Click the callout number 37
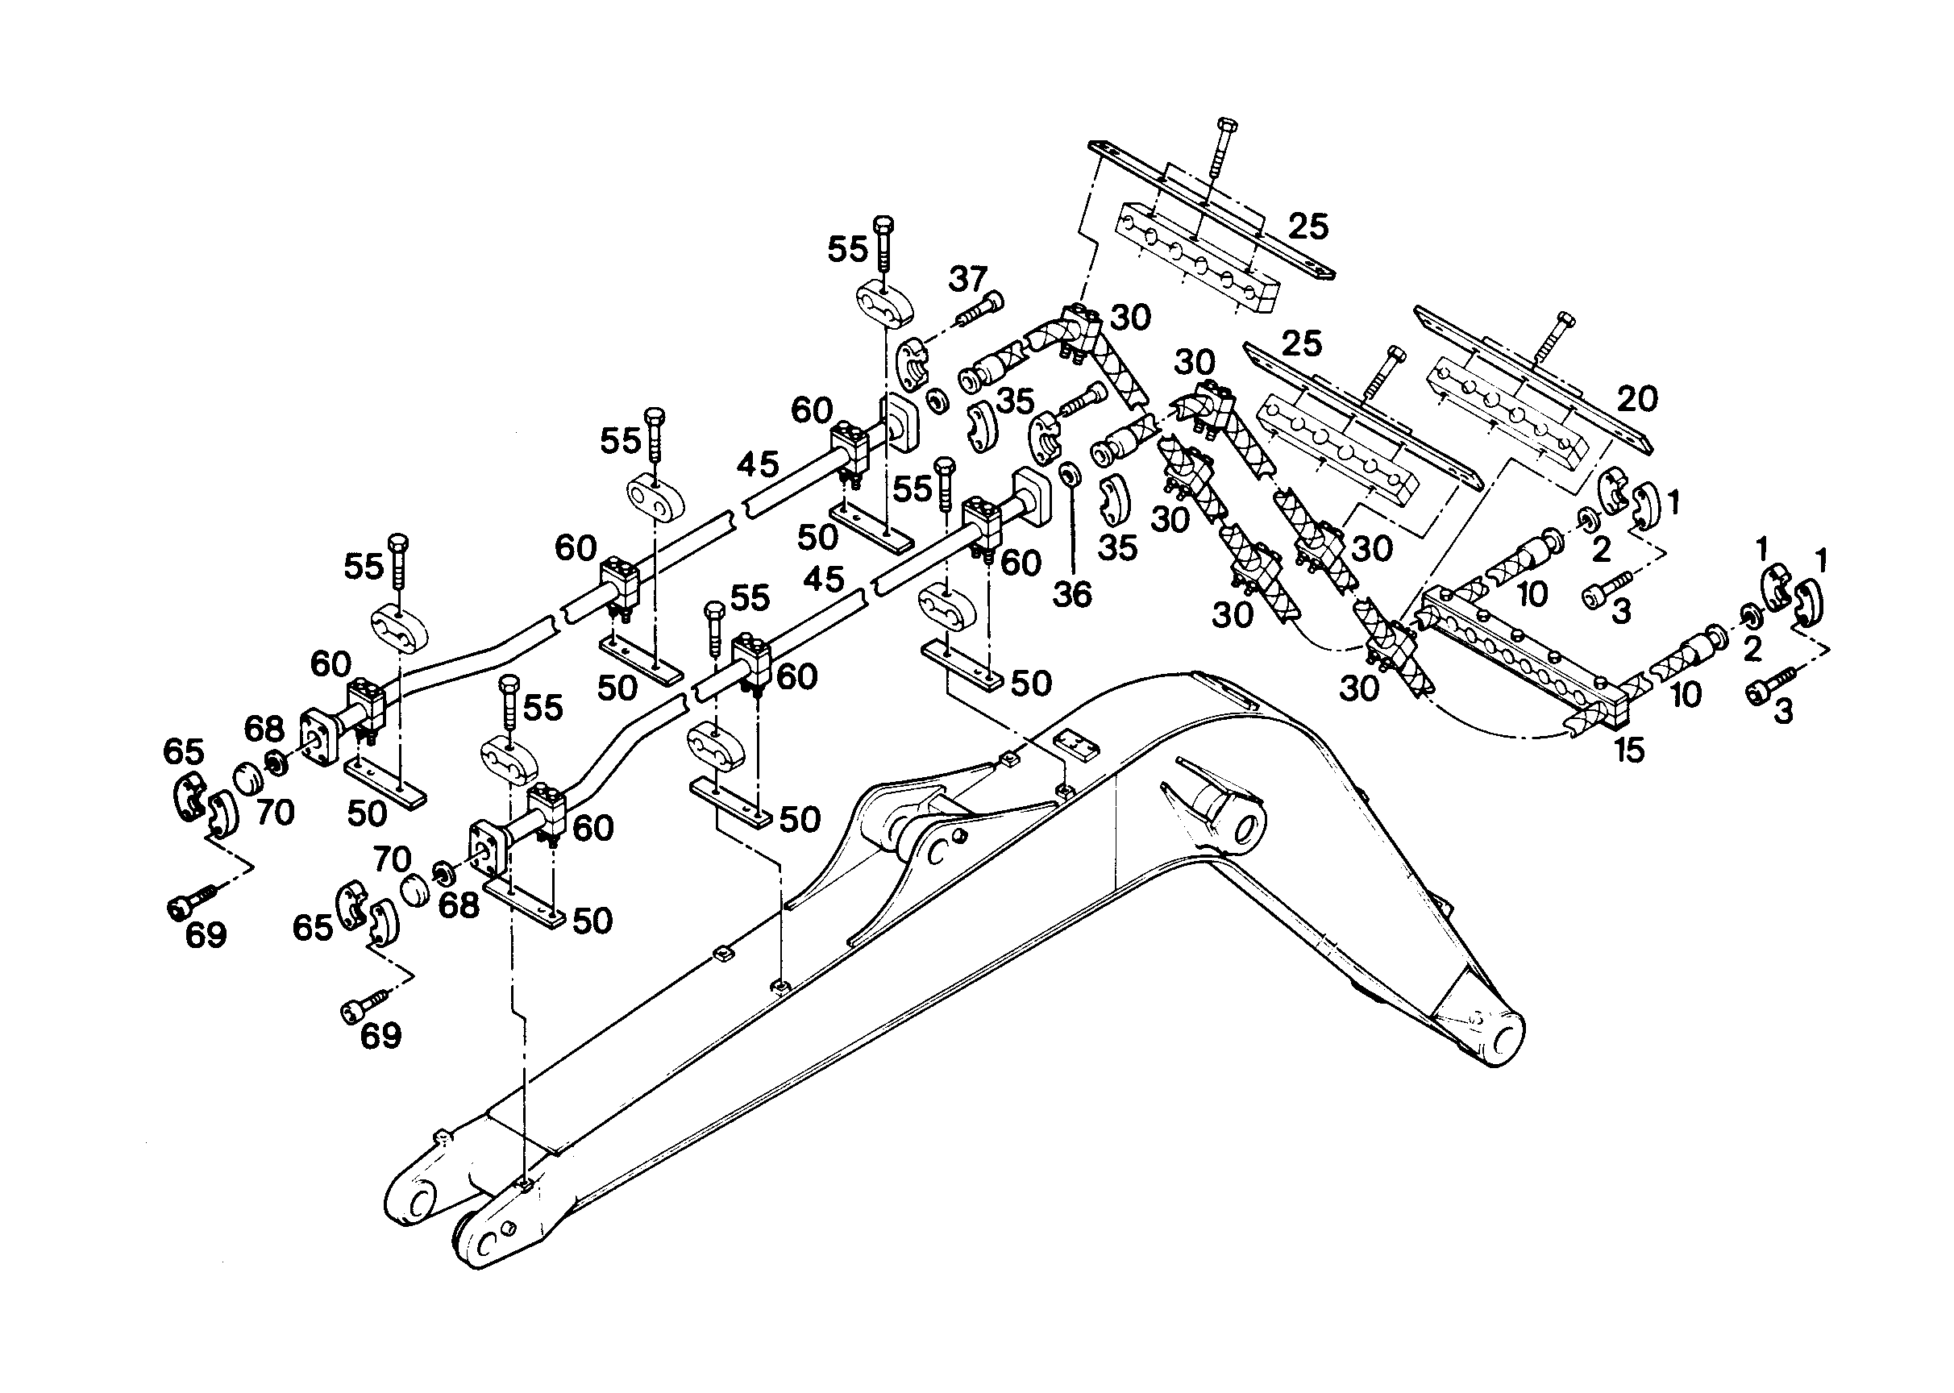click(x=968, y=279)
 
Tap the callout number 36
click(x=1071, y=593)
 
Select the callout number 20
click(x=1637, y=399)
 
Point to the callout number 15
click(x=1629, y=751)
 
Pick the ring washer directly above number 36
click(x=1069, y=474)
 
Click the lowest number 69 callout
click(x=380, y=1035)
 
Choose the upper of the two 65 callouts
click(x=184, y=751)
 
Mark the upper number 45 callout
click(x=758, y=465)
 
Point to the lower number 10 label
click(x=1686, y=695)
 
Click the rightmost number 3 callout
click(x=1784, y=712)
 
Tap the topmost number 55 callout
click(x=847, y=249)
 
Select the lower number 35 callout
click(x=1118, y=547)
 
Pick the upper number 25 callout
click(x=1308, y=227)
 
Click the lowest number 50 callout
click(x=592, y=921)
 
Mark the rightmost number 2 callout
click(x=1752, y=649)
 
